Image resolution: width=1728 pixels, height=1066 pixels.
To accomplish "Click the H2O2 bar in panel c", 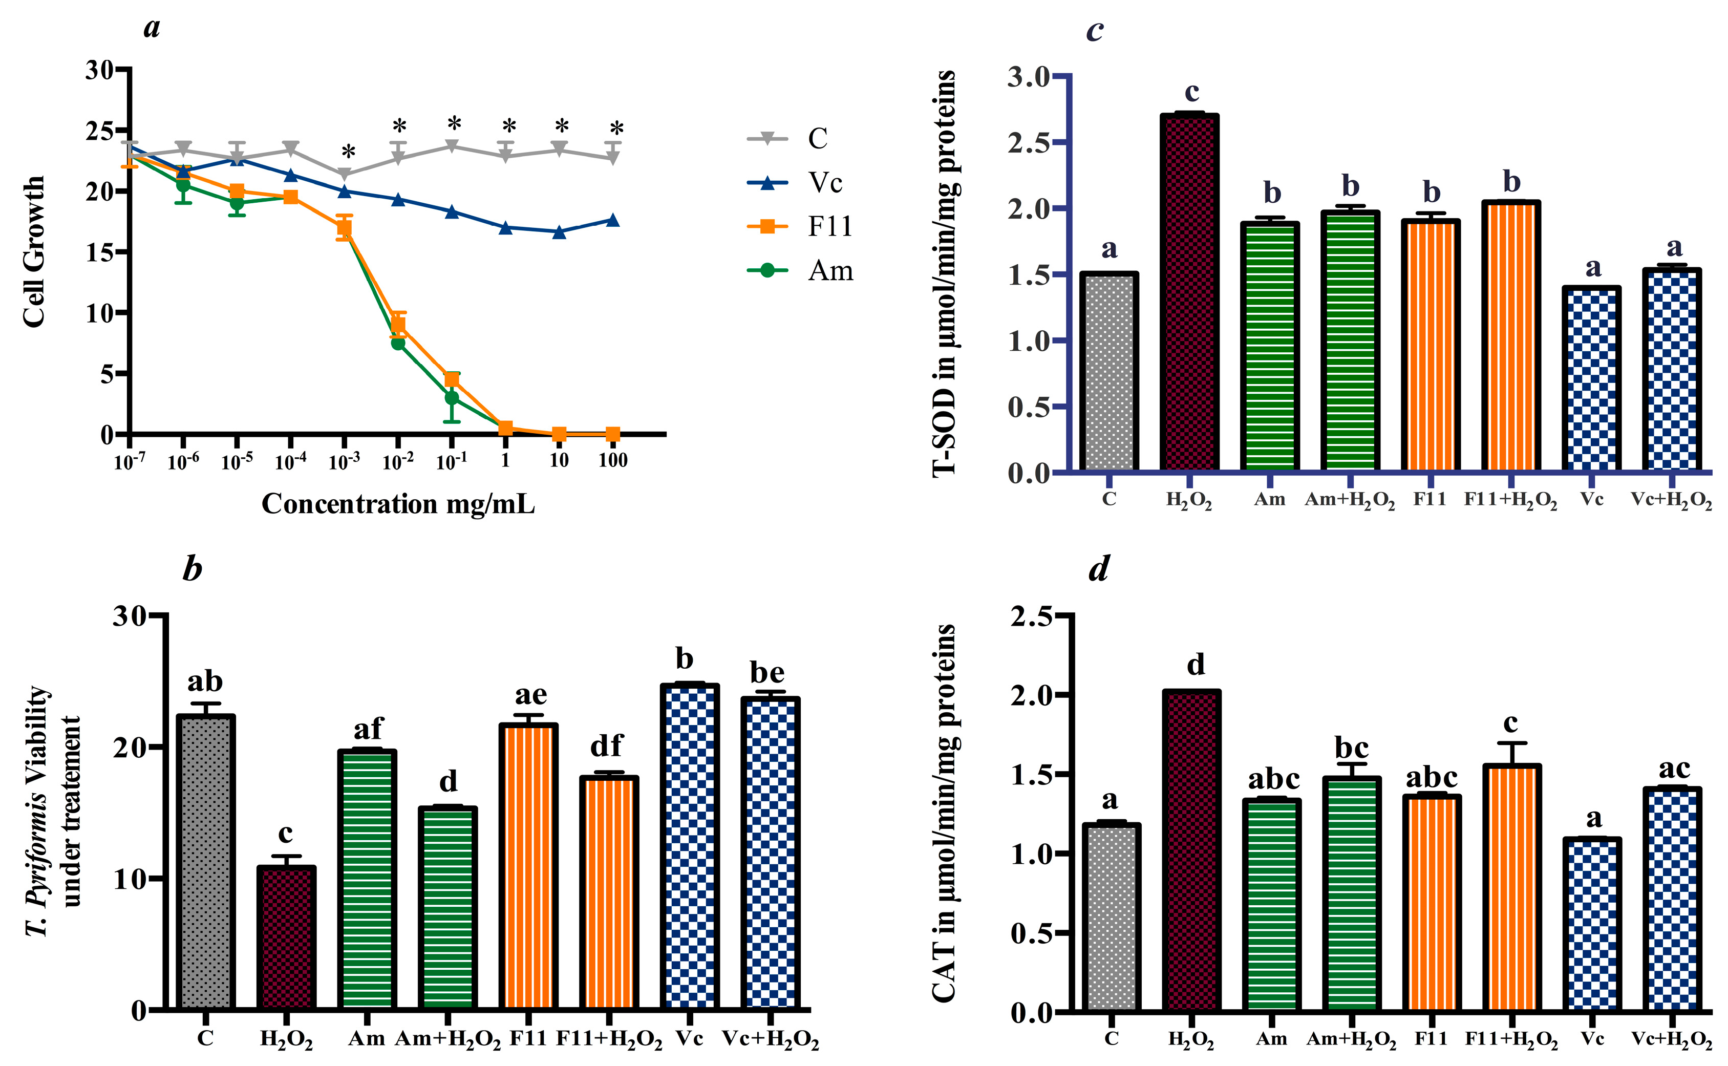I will pos(1189,292).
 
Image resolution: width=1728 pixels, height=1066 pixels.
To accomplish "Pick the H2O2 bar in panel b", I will pos(286,937).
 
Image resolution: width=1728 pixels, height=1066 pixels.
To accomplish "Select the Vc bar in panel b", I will pos(690,846).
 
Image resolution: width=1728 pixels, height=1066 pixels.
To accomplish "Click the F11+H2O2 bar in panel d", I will pos(1511,888).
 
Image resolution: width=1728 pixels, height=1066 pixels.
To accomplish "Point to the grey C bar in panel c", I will pos(1108,372).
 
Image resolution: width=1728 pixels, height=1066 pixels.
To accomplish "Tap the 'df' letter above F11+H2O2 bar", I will pos(606,745).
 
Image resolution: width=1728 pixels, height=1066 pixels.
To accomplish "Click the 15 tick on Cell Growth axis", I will pos(99,252).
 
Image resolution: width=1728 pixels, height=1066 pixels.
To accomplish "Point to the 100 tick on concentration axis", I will pos(613,460).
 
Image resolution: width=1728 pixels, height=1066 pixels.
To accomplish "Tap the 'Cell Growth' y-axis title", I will pos(34,252).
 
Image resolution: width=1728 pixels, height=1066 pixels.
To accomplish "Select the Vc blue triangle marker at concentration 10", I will pos(559,231).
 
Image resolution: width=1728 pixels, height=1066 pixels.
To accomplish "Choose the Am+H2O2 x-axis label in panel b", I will pos(447,1039).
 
